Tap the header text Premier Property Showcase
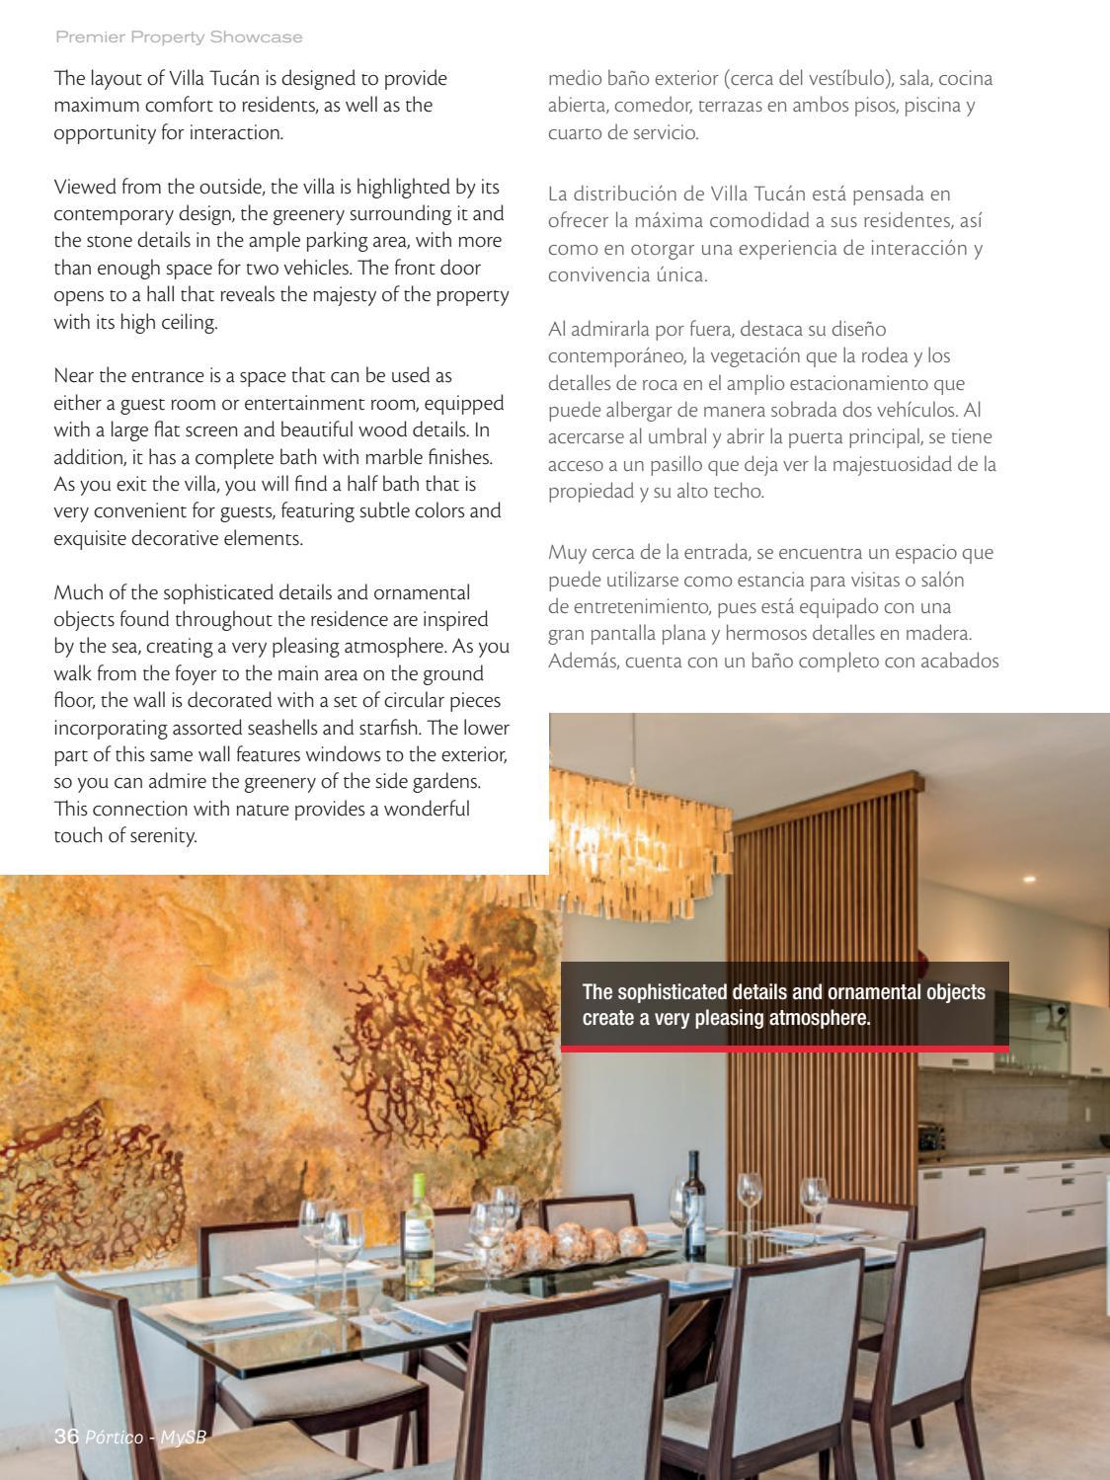point(179,37)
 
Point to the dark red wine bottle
point(695,1204)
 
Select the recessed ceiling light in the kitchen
point(1030,878)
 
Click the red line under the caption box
point(784,1049)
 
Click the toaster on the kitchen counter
point(932,1136)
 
